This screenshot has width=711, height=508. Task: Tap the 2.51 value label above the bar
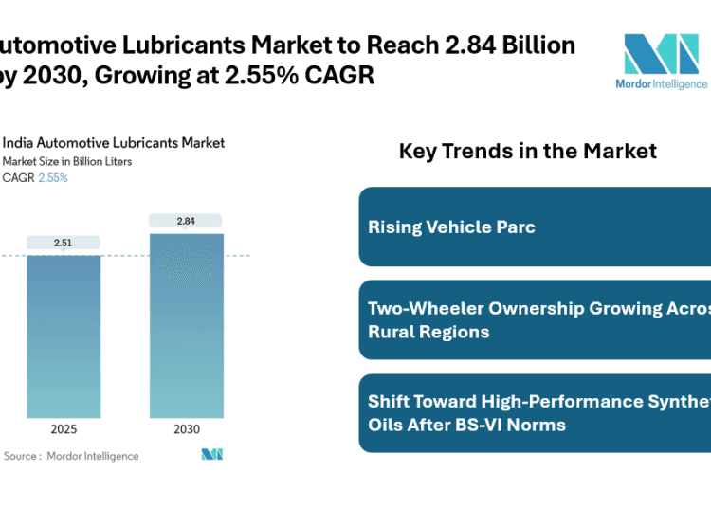pyautogui.click(x=63, y=243)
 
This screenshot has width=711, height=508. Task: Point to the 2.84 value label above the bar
pyautogui.click(x=187, y=221)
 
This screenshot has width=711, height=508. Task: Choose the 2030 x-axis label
pyautogui.click(x=187, y=429)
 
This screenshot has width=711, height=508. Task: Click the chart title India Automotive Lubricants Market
pyautogui.click(x=114, y=142)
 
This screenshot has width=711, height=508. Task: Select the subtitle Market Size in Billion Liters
pyautogui.click(x=67, y=161)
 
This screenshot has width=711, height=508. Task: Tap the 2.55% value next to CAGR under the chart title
pyautogui.click(x=53, y=177)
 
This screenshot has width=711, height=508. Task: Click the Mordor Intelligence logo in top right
pyautogui.click(x=664, y=63)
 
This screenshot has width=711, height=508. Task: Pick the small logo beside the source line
pyautogui.click(x=212, y=455)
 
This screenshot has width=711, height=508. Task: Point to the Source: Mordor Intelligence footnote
pyautogui.click(x=71, y=456)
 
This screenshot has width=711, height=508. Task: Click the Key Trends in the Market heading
pyautogui.click(x=528, y=151)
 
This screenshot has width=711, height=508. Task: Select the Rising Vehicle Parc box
pyautogui.click(x=535, y=227)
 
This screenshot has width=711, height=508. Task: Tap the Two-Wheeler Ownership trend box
pyautogui.click(x=535, y=319)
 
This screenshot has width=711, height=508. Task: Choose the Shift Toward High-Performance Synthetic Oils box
pyautogui.click(x=535, y=412)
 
